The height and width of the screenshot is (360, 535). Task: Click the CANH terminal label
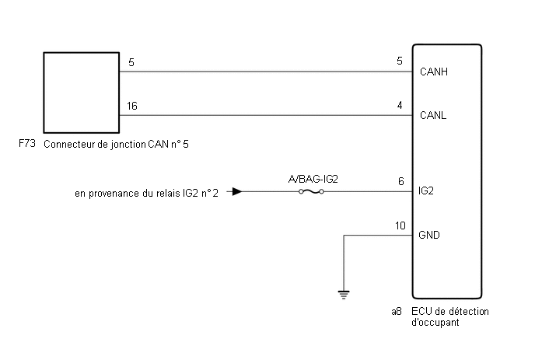[x=434, y=72]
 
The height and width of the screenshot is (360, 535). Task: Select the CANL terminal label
[x=433, y=115]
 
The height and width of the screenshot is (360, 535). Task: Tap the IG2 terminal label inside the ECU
[x=426, y=190]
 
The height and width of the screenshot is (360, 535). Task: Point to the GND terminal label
[x=429, y=235]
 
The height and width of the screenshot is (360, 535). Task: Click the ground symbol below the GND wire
[x=344, y=295]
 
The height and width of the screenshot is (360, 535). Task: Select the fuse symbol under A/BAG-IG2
[x=311, y=192]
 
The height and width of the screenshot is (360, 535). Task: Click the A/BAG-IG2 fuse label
[x=313, y=179]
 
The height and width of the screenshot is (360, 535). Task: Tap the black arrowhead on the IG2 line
[x=237, y=191]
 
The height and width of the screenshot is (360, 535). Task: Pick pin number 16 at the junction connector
[x=131, y=106]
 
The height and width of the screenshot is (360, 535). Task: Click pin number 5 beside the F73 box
[x=131, y=62]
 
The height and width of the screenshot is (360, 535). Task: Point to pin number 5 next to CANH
[x=400, y=61]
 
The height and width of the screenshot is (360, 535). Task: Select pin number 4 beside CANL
[x=400, y=105]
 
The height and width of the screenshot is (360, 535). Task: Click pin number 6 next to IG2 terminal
[x=401, y=181]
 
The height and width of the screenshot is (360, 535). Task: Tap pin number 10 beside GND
[x=400, y=225]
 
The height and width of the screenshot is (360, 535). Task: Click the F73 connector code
[x=27, y=143]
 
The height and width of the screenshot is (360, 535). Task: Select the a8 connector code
[x=397, y=311]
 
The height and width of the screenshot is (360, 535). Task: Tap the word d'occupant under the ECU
[x=435, y=323]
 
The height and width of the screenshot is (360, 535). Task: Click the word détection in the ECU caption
[x=469, y=311]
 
